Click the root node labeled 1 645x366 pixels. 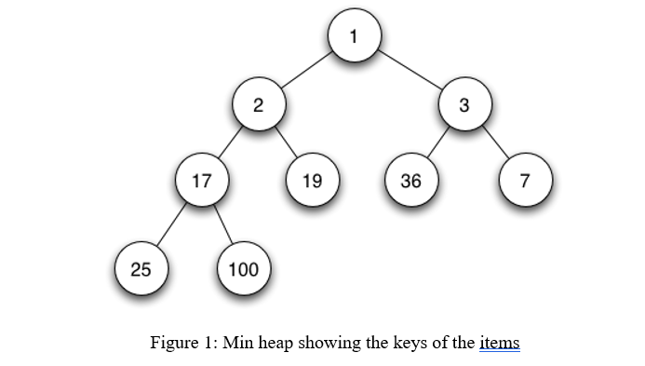click(x=354, y=37)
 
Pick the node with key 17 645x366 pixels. click(x=201, y=180)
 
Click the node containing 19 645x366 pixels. click(x=313, y=180)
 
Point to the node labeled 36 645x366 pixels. click(x=410, y=180)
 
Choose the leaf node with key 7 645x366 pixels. click(x=525, y=180)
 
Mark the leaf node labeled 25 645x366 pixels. click(x=141, y=270)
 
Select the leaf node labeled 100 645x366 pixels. click(x=243, y=270)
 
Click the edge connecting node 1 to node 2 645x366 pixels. click(x=305, y=72)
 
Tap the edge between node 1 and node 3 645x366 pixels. click(x=409, y=72)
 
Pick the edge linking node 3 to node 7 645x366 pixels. click(x=494, y=142)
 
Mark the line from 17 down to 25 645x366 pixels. click(x=171, y=224)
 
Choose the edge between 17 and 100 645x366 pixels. click(x=222, y=224)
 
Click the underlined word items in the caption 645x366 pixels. click(x=499, y=343)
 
